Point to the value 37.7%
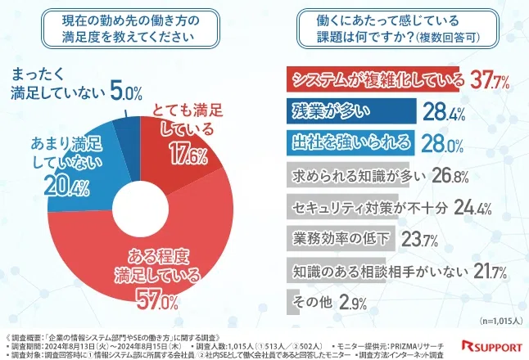point(489,79)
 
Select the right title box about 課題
point(398,31)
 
